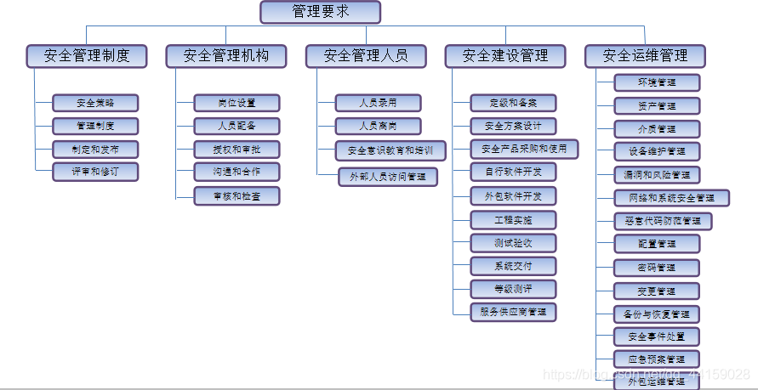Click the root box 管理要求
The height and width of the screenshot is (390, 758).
click(x=320, y=12)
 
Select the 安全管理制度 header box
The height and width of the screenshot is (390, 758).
click(x=87, y=56)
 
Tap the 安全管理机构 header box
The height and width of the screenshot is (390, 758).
click(x=226, y=56)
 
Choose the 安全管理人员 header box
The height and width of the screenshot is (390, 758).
click(x=366, y=56)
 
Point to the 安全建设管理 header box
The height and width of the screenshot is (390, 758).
click(x=505, y=56)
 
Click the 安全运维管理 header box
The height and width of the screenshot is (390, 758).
click(x=645, y=56)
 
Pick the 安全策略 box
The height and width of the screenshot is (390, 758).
click(x=95, y=103)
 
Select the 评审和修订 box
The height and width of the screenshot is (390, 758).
click(x=95, y=172)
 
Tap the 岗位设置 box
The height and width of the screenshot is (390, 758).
click(x=237, y=103)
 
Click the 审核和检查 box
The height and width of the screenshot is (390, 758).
click(x=237, y=195)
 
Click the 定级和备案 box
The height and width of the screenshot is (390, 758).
click(x=513, y=103)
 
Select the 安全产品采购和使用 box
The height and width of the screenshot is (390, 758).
click(x=524, y=150)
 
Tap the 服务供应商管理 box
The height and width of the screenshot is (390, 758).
click(x=513, y=311)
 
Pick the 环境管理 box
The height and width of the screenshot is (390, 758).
click(x=657, y=82)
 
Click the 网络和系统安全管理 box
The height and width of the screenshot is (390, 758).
click(x=671, y=198)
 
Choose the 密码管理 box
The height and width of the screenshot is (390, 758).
click(x=657, y=268)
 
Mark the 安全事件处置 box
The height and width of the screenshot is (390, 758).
click(x=657, y=336)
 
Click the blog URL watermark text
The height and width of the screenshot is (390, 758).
click(x=647, y=374)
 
